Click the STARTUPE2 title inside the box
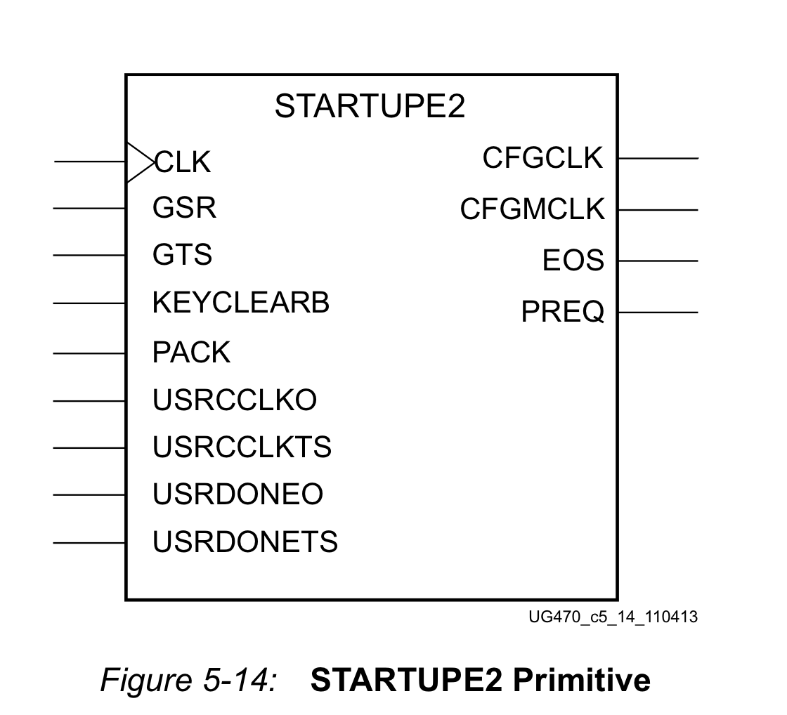pyautogui.click(x=370, y=106)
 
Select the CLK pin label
pyautogui.click(x=183, y=162)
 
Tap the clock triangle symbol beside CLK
pyautogui.click(x=141, y=162)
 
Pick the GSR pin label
pyautogui.click(x=184, y=208)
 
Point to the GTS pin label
pyautogui.click(x=182, y=254)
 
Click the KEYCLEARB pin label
pyautogui.click(x=241, y=303)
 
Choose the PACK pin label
pyautogui.click(x=191, y=352)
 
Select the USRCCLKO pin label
pyautogui.click(x=235, y=400)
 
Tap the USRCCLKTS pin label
pyautogui.click(x=242, y=447)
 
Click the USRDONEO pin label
pyautogui.click(x=238, y=494)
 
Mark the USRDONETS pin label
pyautogui.click(x=245, y=542)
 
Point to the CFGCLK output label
pyautogui.click(x=542, y=157)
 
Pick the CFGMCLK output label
pyautogui.click(x=532, y=209)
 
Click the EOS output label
pyautogui.click(x=573, y=260)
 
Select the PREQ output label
pyautogui.click(x=563, y=312)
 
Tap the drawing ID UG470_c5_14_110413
pyautogui.click(x=613, y=617)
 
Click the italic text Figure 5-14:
pyautogui.click(x=189, y=681)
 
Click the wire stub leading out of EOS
pyautogui.click(x=658, y=261)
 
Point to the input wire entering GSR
pyautogui.click(x=89, y=208)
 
